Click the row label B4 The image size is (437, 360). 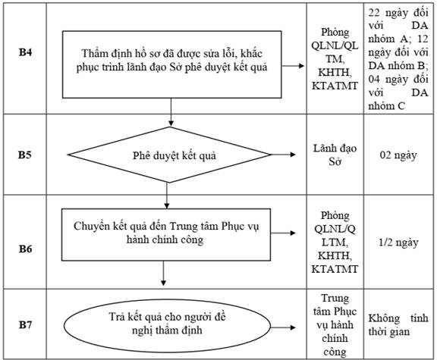pos(25,52)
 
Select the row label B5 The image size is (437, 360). pos(25,155)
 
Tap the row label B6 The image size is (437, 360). pos(25,249)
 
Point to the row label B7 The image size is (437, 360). pos(25,324)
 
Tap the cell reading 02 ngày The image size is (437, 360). pos(398,155)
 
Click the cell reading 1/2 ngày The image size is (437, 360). pos(398,243)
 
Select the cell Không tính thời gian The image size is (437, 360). pos(398,325)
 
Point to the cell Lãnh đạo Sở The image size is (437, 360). pos(335,155)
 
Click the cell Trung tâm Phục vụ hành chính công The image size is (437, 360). pos(335,325)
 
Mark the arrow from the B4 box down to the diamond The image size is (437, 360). pos(171,112)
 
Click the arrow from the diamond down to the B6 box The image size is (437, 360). pos(167,196)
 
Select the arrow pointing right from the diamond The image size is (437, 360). pos(283,155)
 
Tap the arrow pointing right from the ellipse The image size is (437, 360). pos(283,327)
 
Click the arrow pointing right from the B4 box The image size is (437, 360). pos(293,66)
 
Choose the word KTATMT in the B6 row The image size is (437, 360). pos(335,269)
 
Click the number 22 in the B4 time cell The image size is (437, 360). pos(374,13)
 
